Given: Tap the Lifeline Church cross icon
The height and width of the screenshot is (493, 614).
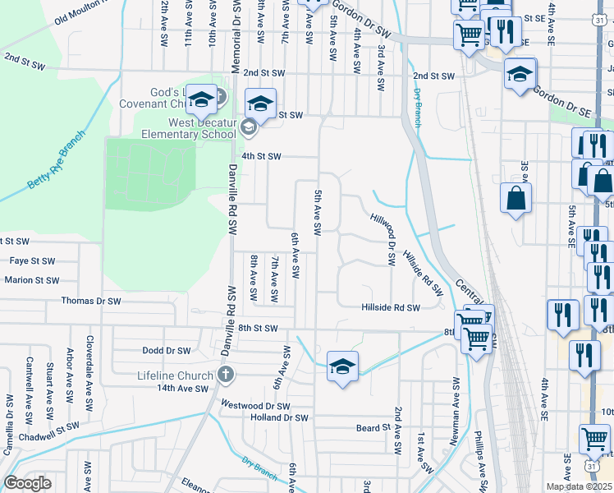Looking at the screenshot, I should (x=227, y=376).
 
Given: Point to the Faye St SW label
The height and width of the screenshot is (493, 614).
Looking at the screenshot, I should (x=32, y=260).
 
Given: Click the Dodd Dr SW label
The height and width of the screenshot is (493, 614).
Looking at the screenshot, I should (x=166, y=351).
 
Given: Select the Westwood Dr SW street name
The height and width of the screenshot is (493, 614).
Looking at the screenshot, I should (x=256, y=405).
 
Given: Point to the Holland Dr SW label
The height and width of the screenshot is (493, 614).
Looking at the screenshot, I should (x=279, y=417).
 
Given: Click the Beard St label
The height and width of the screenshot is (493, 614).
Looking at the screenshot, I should (x=373, y=428).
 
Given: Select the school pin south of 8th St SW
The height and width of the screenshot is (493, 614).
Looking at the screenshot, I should (x=342, y=366).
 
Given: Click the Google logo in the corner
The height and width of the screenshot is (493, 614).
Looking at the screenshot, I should (x=27, y=483).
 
